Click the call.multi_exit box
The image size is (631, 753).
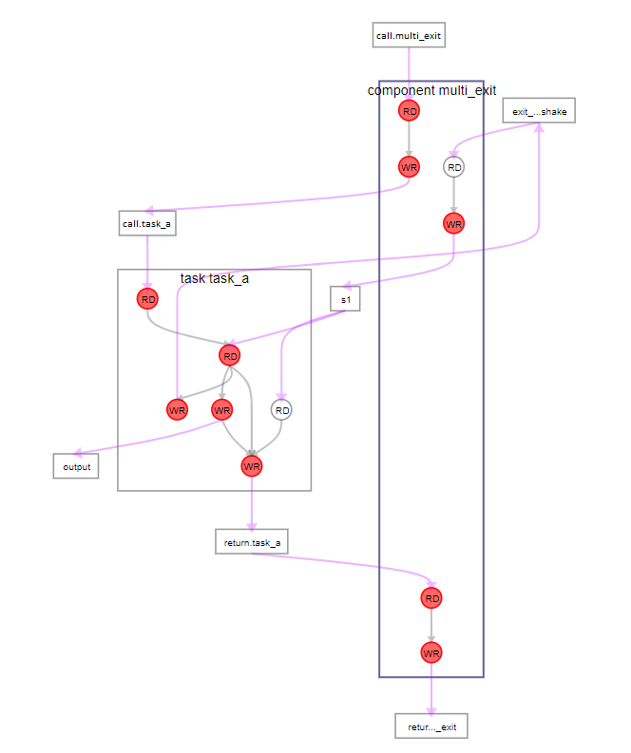click(409, 36)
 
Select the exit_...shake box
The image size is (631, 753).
click(539, 112)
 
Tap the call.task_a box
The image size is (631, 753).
click(147, 224)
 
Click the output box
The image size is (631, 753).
click(76, 466)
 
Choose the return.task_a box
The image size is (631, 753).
click(252, 542)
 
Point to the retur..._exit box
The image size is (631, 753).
click(431, 726)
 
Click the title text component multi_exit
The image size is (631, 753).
click(431, 90)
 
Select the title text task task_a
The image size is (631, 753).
click(215, 279)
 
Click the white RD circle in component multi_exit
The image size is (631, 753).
click(454, 167)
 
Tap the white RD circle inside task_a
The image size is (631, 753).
click(281, 410)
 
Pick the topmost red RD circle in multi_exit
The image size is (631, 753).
click(409, 112)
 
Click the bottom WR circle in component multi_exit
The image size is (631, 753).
click(431, 653)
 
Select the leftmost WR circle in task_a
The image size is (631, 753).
click(177, 410)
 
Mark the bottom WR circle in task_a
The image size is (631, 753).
click(252, 466)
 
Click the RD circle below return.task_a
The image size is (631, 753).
click(431, 598)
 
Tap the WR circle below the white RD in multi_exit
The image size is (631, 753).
click(454, 224)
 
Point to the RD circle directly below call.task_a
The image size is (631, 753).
click(147, 299)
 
